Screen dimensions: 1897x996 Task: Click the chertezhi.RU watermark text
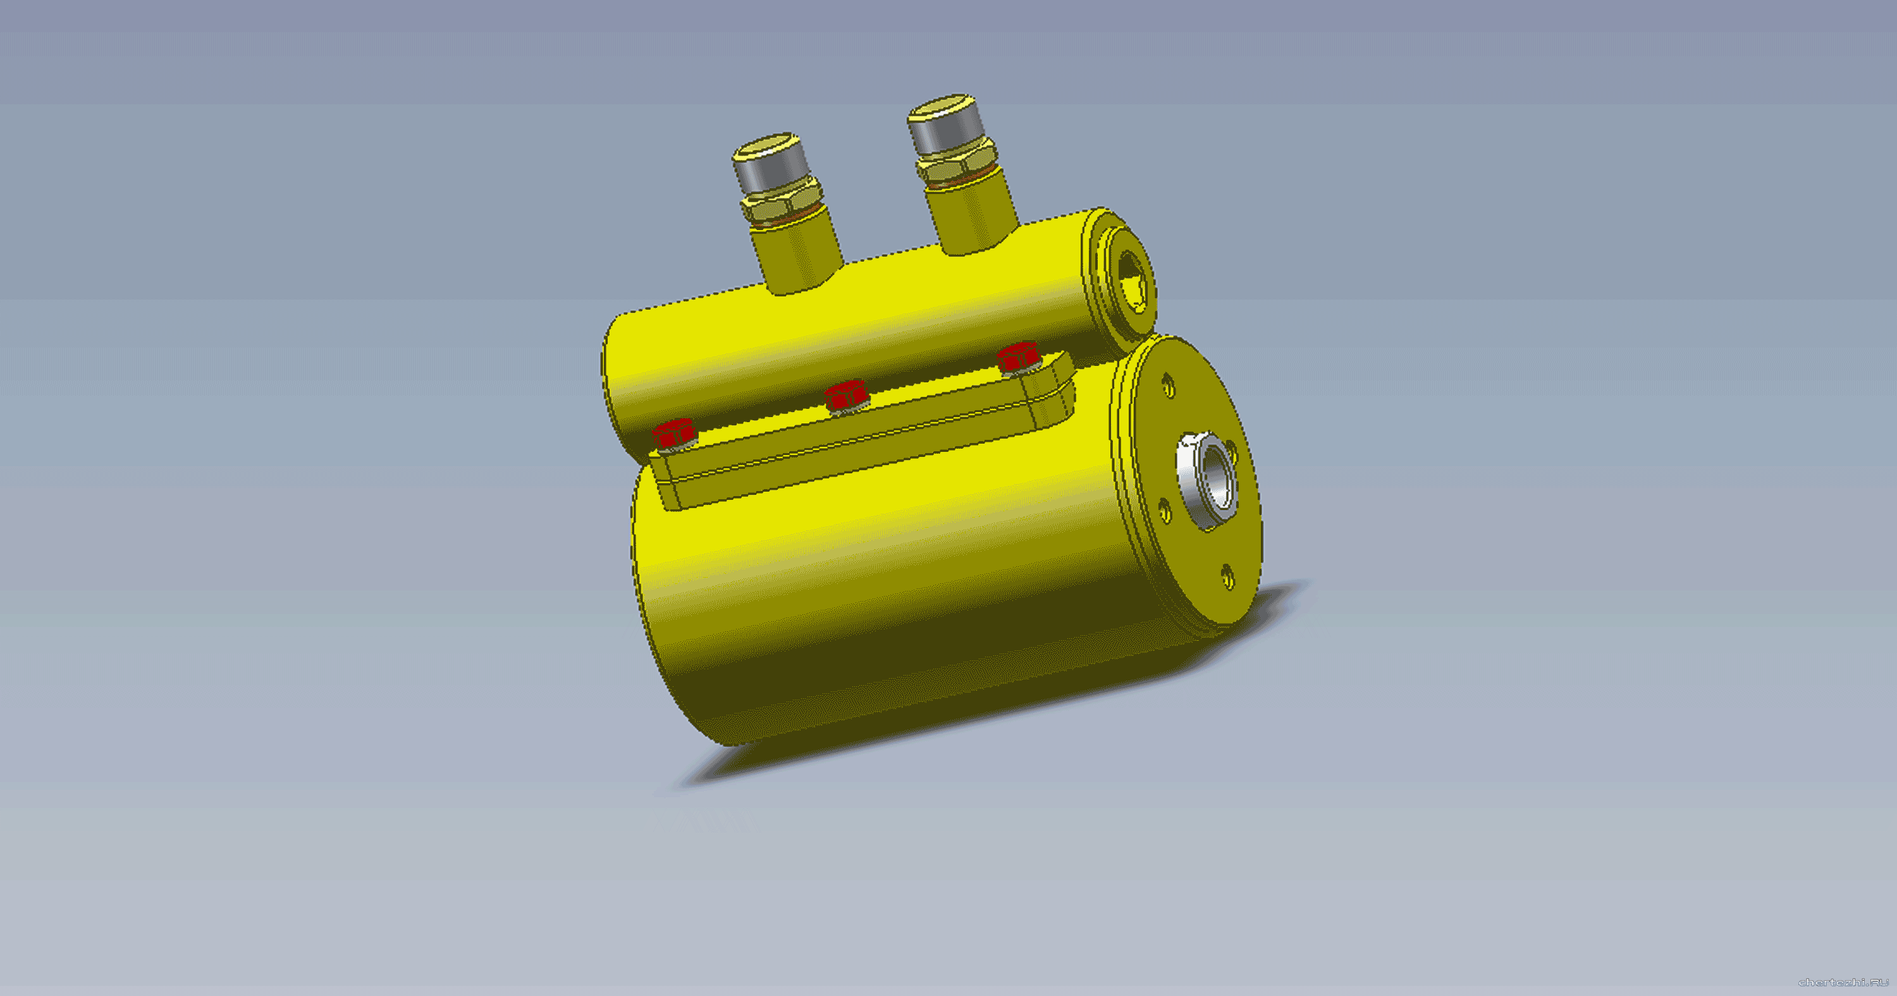coord(1843,982)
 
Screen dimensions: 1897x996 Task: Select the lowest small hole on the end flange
coord(1227,576)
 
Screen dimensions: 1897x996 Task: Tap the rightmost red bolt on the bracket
coord(1019,358)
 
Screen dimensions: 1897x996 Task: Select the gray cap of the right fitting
coord(947,124)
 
